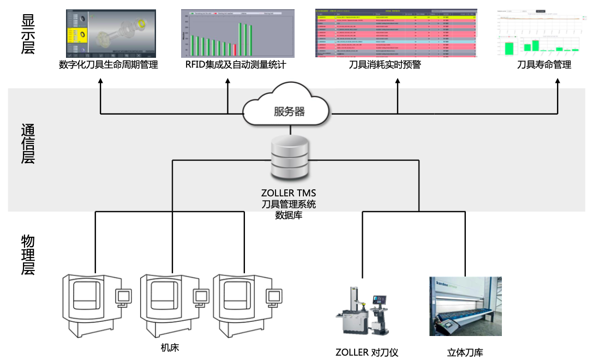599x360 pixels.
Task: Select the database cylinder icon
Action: click(289, 159)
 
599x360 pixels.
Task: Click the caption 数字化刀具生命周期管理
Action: click(108, 65)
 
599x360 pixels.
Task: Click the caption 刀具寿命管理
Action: click(544, 65)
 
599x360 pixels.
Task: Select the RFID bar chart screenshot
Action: click(238, 33)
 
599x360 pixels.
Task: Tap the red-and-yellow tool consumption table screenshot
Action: click(396, 33)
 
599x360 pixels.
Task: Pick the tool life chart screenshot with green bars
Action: click(543, 33)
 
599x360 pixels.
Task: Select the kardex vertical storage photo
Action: click(465, 306)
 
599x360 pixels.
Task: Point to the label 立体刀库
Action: click(465, 352)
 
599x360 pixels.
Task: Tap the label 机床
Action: click(170, 347)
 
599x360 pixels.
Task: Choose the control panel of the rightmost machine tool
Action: click(274, 296)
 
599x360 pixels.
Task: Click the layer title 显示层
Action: click(28, 34)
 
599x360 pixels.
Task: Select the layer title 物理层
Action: click(28, 254)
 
